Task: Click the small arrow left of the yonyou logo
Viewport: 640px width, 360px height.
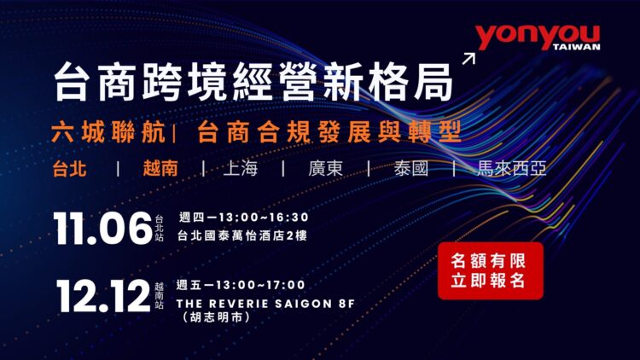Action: (x=468, y=58)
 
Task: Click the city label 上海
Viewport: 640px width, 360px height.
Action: (x=240, y=168)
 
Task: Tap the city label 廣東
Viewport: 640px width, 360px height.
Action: (x=326, y=168)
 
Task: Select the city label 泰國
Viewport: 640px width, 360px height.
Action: (x=410, y=168)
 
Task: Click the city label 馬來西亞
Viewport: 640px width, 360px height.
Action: (x=512, y=168)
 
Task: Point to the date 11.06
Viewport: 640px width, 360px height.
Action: (x=102, y=229)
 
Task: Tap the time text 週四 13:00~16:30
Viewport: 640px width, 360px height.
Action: (x=243, y=217)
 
